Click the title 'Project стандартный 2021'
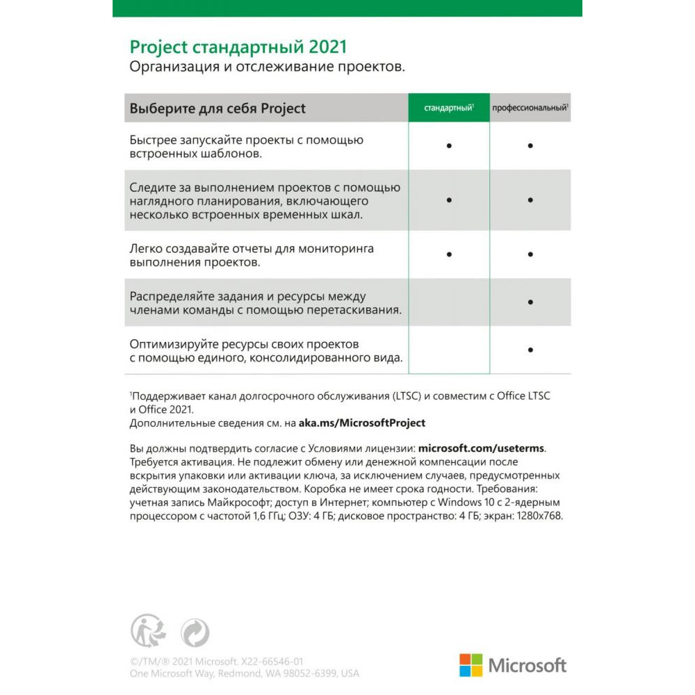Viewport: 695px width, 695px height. click(238, 47)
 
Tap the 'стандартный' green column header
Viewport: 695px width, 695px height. click(449, 108)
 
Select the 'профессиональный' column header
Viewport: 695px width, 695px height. click(530, 108)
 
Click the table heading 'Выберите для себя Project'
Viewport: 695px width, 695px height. click(218, 109)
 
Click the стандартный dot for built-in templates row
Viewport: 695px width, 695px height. click(450, 146)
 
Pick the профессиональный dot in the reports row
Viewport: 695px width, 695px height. click(530, 255)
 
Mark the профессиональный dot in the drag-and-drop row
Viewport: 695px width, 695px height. click(530, 302)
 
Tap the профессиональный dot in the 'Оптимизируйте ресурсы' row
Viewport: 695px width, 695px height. click(530, 350)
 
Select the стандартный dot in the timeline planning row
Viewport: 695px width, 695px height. click(450, 200)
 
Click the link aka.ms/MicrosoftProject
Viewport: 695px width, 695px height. click(362, 423)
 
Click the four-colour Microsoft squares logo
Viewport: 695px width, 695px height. click(471, 665)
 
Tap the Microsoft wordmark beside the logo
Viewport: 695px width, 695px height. click(528, 666)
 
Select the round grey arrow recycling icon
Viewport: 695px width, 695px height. click(195, 633)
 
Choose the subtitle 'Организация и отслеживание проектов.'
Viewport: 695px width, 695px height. click(267, 67)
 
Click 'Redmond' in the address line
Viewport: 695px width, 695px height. click(240, 674)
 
